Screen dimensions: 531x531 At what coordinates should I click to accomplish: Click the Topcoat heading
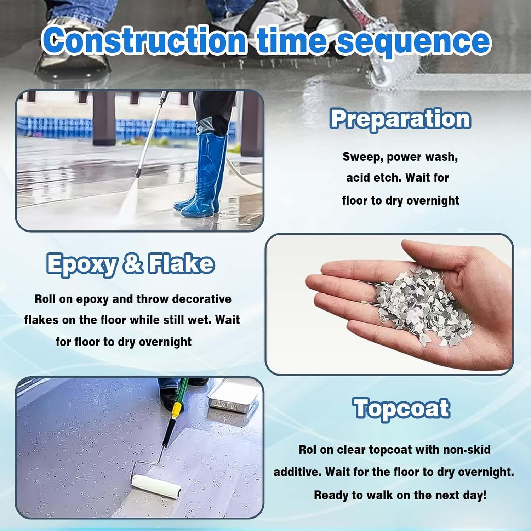point(402,409)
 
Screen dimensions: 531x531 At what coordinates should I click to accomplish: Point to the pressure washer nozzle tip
point(136,175)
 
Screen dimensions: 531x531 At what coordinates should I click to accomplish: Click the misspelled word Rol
point(307,450)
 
